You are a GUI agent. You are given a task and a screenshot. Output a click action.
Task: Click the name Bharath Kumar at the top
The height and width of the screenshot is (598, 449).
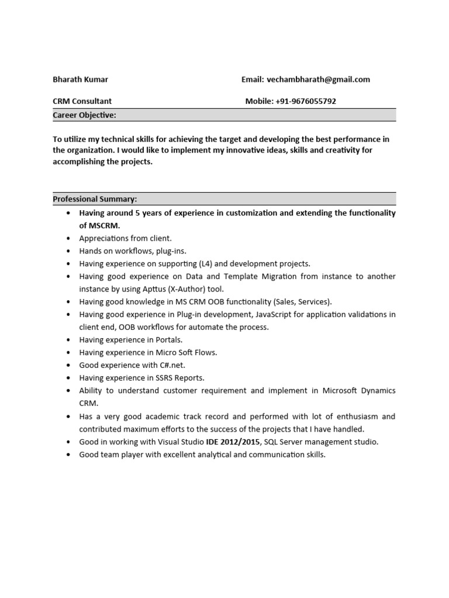[80, 79]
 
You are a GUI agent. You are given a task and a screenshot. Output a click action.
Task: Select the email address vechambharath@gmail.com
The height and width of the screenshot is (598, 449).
[319, 79]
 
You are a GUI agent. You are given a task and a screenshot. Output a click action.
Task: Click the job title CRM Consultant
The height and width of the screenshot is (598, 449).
[82, 101]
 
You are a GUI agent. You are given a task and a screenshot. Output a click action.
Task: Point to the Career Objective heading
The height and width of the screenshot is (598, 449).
[84, 115]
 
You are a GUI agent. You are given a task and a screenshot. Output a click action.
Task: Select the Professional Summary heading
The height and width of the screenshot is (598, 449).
[95, 199]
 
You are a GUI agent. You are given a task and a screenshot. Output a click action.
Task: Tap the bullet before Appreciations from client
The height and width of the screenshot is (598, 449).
[68, 238]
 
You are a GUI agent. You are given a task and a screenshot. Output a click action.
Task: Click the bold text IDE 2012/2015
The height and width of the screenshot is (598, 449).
[233, 441]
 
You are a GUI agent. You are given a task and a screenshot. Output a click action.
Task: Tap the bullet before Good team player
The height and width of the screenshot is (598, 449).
[68, 454]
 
